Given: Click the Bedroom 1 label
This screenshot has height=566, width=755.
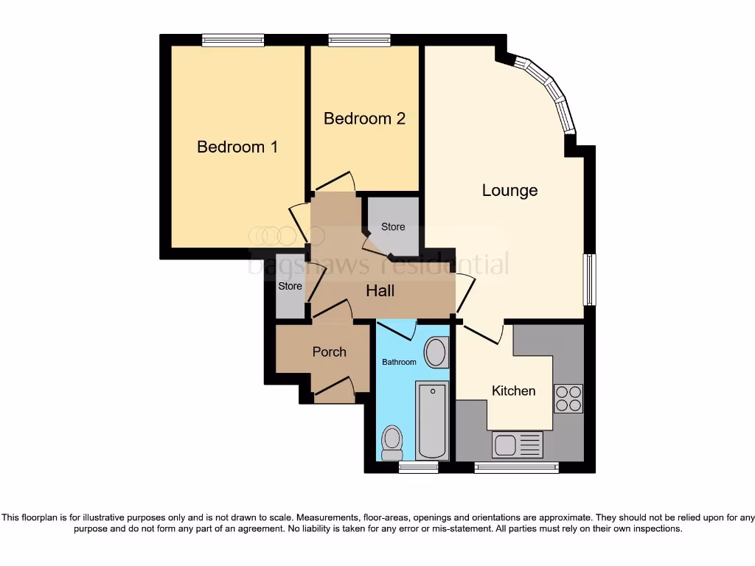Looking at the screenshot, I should (x=237, y=147).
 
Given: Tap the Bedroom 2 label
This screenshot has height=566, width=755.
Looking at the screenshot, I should (x=364, y=118).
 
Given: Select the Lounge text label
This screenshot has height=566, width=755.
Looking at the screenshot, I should (x=509, y=190).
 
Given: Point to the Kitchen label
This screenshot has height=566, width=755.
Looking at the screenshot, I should (x=513, y=391).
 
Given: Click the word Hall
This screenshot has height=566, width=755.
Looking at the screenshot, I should (x=380, y=291).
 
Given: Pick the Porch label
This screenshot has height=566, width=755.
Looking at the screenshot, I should (x=329, y=352).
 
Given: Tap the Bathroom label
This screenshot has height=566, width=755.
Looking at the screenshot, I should (x=399, y=362).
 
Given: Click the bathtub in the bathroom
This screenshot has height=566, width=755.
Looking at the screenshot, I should (x=432, y=420).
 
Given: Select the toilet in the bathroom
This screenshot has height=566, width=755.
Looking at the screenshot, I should (x=392, y=442).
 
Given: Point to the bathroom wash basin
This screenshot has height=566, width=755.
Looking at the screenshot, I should (x=436, y=352).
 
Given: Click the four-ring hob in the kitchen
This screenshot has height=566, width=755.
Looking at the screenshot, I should (x=568, y=398).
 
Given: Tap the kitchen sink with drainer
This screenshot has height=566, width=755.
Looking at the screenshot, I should (x=517, y=444).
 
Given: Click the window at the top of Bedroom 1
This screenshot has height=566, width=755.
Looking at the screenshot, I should (x=233, y=41).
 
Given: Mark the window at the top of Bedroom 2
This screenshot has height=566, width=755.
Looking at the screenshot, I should (x=359, y=41).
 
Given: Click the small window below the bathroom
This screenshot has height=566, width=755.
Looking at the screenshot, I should (x=418, y=467).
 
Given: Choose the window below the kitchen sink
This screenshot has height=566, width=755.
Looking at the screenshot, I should (x=516, y=467).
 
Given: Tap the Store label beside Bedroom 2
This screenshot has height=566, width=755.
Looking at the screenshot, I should (x=393, y=227).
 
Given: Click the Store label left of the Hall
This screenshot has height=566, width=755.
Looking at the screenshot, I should (x=290, y=286).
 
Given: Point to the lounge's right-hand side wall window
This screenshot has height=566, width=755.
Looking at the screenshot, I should (x=589, y=279).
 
